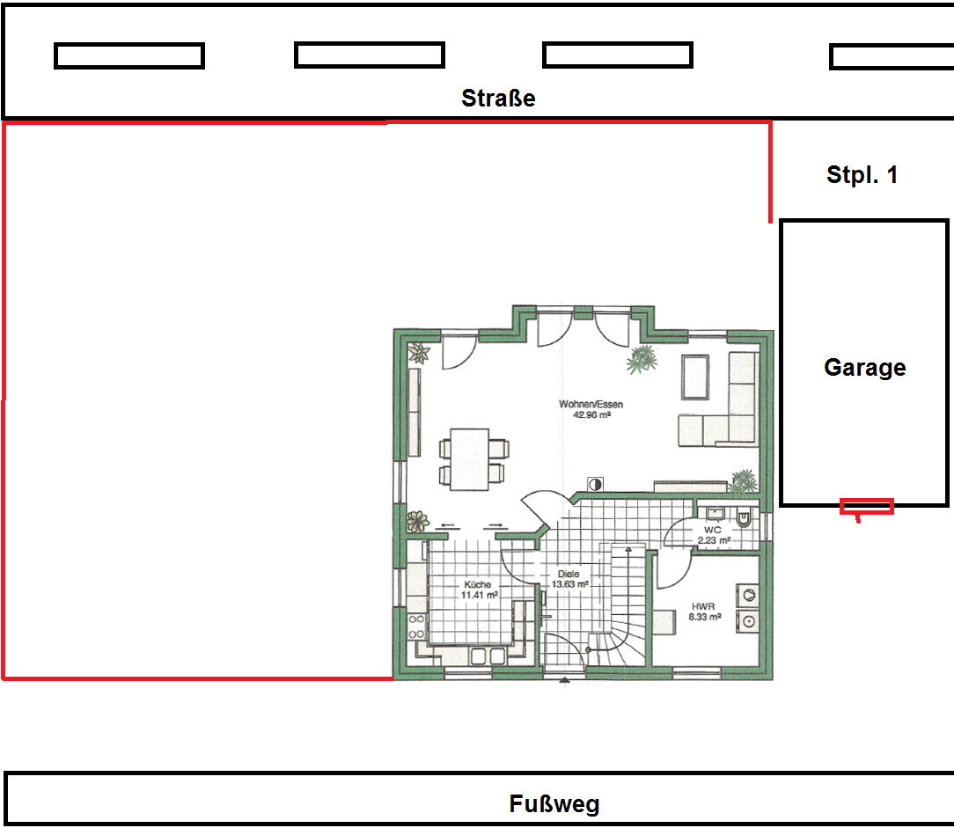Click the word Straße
click(498, 98)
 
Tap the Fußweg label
click(554, 803)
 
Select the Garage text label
click(864, 368)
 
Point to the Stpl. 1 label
click(862, 174)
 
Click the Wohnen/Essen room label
click(591, 404)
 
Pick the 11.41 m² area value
click(480, 595)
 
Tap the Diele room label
click(569, 574)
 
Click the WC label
click(713, 530)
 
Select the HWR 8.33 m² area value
click(705, 617)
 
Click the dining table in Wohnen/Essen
click(469, 459)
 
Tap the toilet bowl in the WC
click(744, 517)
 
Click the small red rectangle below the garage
click(866, 506)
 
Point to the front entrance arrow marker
click(564, 681)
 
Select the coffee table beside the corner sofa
click(694, 377)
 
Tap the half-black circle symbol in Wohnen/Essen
click(595, 484)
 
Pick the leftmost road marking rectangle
click(129, 56)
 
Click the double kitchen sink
click(488, 656)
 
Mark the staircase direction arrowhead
click(628, 550)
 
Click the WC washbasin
click(715, 513)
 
